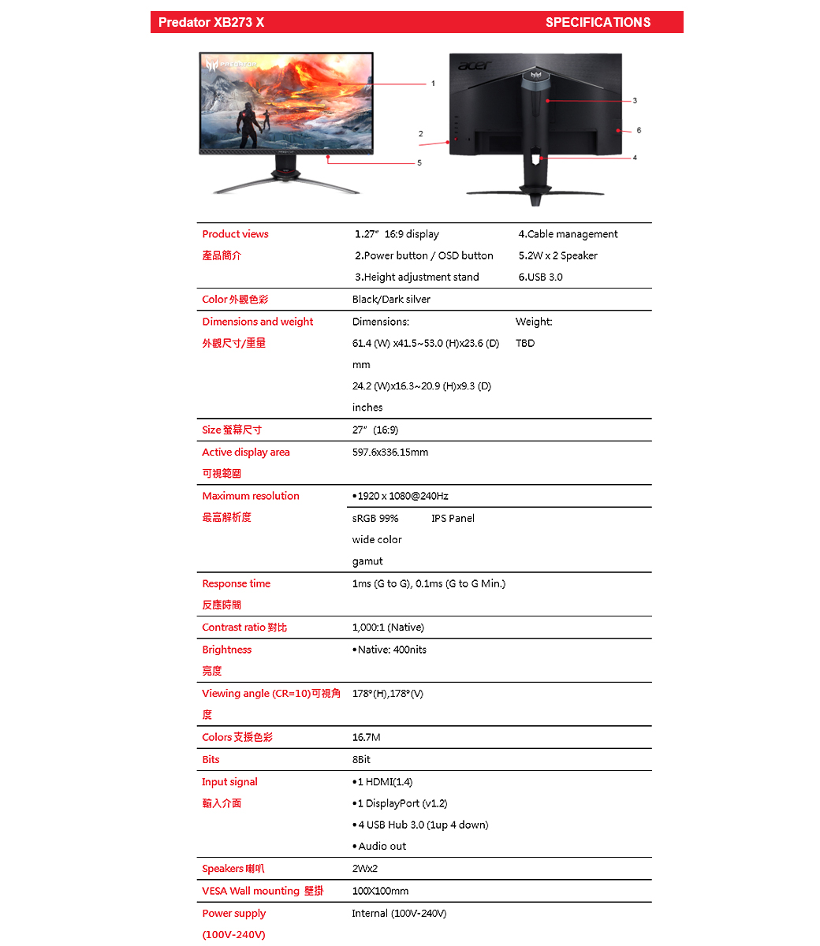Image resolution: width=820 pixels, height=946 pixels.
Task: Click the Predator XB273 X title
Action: [x=211, y=22]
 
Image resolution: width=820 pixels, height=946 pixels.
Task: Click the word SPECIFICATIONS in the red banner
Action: [x=598, y=22]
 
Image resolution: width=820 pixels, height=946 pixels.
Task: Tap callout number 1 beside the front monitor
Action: [x=432, y=83]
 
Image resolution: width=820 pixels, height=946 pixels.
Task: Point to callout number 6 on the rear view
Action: [x=639, y=130]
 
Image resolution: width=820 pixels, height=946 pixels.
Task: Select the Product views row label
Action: [x=235, y=234]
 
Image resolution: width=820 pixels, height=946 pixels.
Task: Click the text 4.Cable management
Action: [x=568, y=234]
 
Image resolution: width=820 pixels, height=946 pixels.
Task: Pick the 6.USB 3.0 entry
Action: [x=540, y=277]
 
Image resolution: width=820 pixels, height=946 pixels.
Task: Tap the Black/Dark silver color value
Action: [x=391, y=300]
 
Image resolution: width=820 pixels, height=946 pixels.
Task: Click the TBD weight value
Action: [x=525, y=343]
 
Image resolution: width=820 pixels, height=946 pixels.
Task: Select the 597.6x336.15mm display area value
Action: [x=390, y=453]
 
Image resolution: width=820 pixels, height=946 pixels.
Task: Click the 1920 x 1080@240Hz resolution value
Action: [x=402, y=496]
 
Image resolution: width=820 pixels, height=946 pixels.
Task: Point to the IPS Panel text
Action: [x=453, y=518]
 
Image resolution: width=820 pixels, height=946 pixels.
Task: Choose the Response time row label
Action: [x=236, y=583]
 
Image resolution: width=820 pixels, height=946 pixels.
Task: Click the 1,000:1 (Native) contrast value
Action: [x=388, y=628]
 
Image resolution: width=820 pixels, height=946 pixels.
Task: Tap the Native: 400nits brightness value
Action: [x=391, y=650]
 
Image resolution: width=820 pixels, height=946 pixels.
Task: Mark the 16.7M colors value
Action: [x=366, y=737]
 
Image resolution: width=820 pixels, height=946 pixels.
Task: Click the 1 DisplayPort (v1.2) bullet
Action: [x=401, y=803]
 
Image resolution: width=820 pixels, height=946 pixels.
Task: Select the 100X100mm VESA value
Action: [x=380, y=891]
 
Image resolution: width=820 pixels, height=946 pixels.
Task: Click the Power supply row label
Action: [x=233, y=913]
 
